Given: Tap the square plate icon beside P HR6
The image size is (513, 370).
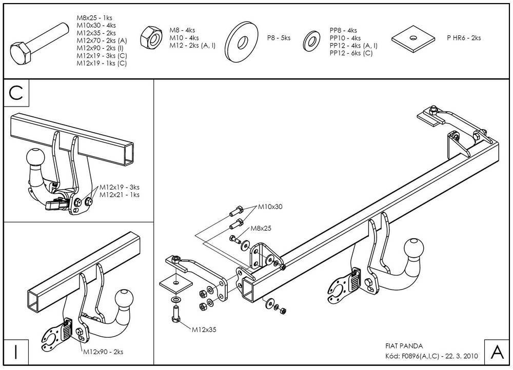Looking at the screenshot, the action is click(413, 39).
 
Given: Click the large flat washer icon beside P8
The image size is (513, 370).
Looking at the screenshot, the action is click(242, 42).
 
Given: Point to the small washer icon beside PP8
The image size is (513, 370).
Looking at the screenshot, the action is click(311, 42).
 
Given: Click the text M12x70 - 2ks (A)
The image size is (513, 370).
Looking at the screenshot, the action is click(102, 40).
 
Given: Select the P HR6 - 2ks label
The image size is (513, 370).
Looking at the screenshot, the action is click(464, 38).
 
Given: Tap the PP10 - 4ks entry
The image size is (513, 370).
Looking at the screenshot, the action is click(345, 38).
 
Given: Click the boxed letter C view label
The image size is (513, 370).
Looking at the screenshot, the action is click(16, 93).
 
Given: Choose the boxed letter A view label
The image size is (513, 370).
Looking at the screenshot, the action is click(497, 352).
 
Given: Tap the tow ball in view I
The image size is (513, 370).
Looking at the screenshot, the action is click(124, 298).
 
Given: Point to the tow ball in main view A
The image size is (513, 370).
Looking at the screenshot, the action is click(414, 248).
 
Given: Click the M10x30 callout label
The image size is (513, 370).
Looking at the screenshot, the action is click(270, 207).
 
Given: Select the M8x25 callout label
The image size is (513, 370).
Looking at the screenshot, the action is click(261, 228).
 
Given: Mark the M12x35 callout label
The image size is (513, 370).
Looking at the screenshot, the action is click(204, 330).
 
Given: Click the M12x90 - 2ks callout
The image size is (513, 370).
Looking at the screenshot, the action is click(103, 352).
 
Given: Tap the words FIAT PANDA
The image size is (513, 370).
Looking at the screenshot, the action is click(404, 346).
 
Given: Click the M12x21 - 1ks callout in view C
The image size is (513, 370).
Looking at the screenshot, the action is click(120, 194).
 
